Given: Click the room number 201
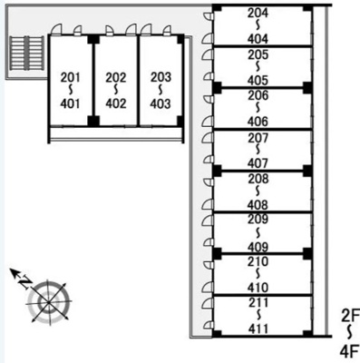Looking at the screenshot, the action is click(71, 78).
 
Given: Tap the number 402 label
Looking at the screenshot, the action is click(116, 103).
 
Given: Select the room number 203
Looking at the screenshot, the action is click(161, 77).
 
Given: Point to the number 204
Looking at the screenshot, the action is click(258, 13).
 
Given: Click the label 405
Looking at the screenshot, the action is click(258, 81).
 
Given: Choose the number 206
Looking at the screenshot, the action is click(258, 95).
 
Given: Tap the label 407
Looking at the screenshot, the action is click(258, 163).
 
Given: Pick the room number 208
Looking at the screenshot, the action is click(258, 179).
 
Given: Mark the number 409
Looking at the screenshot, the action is click(258, 248).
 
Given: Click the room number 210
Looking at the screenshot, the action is click(258, 261).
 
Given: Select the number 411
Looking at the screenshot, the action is click(258, 329).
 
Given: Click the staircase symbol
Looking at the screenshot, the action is click(26, 53).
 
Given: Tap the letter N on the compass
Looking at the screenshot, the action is click(25, 282).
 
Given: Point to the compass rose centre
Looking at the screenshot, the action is click(49, 302).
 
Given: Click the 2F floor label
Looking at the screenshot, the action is click(350, 316).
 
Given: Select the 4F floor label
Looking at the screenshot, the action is click(350, 351).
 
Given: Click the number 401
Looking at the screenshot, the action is click(70, 103).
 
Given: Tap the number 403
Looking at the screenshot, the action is click(161, 103).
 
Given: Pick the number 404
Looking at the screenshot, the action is click(258, 39).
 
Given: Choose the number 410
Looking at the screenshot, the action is click(258, 288).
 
